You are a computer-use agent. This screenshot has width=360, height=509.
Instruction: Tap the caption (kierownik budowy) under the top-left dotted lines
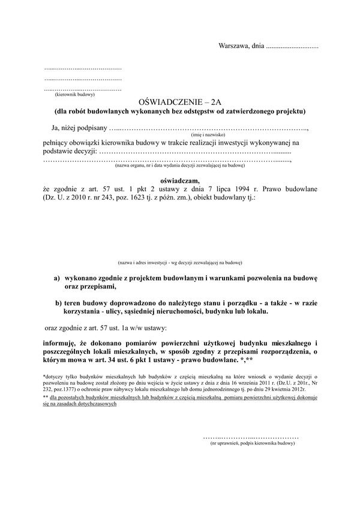point(75,95)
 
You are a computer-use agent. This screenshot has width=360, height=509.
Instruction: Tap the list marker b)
point(59,303)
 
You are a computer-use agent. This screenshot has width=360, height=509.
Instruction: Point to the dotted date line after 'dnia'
point(292,46)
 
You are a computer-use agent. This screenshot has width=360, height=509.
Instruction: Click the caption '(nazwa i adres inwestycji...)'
point(180,263)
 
